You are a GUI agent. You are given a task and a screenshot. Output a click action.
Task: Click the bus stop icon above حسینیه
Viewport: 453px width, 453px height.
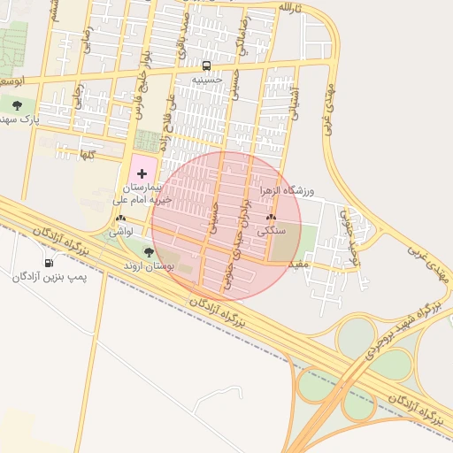[206, 65]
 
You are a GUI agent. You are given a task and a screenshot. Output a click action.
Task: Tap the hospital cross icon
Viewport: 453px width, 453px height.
[142, 173]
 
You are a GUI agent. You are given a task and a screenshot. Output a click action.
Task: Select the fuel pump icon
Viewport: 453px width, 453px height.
[48, 263]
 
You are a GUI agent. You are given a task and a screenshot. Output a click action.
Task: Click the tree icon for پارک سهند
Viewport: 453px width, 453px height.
[17, 104]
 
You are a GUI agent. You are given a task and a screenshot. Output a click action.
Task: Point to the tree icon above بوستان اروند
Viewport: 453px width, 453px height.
[148, 252]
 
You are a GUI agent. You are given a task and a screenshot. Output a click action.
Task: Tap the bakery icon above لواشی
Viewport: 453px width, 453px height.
[119, 217]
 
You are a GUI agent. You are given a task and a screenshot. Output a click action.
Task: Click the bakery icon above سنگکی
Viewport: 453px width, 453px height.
[271, 217]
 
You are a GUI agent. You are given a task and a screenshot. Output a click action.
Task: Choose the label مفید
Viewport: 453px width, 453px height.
[298, 264]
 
